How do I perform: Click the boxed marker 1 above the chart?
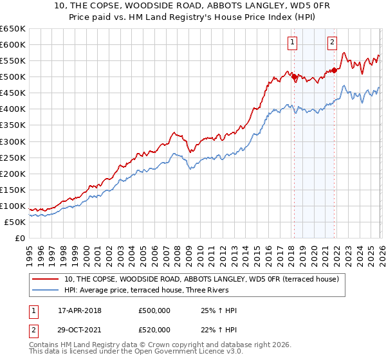pyautogui.click(x=293, y=43)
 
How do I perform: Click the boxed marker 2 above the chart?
pyautogui.click(x=333, y=43)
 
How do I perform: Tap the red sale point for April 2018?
pyautogui.click(x=294, y=76)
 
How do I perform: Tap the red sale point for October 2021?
pyautogui.click(x=335, y=70)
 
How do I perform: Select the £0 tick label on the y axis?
pyautogui.click(x=19, y=238)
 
